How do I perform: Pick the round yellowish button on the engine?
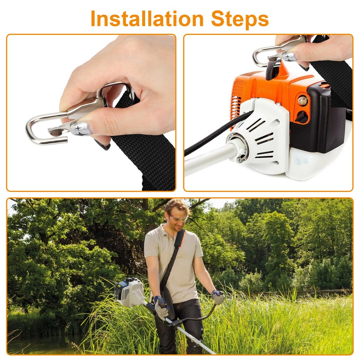click(302, 100)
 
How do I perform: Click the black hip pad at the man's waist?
click(167, 300)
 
